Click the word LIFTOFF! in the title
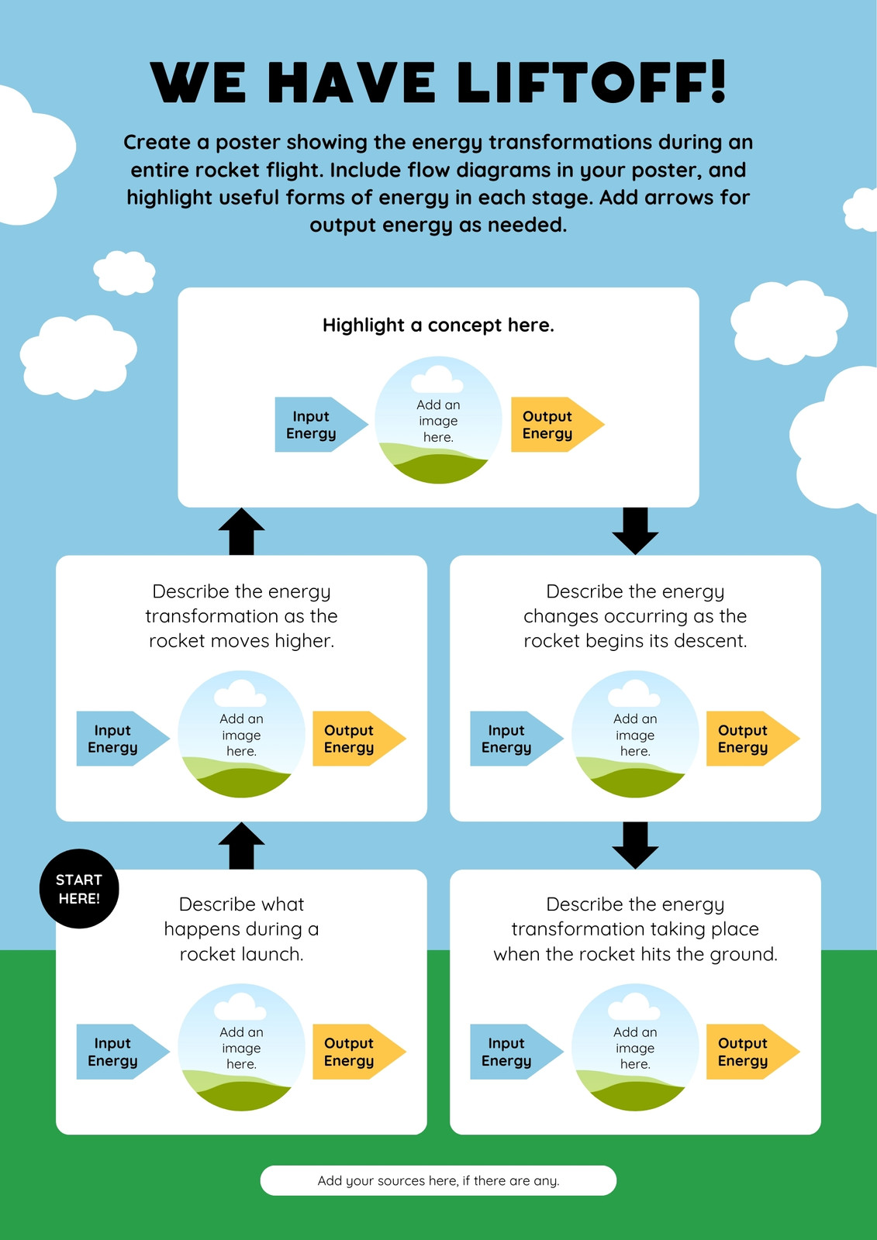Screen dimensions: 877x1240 [591, 82]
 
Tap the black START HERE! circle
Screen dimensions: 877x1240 [78, 888]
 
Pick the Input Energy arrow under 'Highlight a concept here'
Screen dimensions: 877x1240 [321, 425]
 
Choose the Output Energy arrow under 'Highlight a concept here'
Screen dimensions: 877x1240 [558, 425]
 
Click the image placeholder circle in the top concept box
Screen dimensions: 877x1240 [438, 419]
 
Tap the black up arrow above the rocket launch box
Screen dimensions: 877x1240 [242, 846]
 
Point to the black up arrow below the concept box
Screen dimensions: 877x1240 [242, 532]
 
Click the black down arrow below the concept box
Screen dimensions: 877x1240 [635, 532]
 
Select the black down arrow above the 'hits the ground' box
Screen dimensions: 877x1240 [635, 846]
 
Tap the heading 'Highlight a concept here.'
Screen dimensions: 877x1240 [438, 325]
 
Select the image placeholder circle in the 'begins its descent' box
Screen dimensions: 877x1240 [635, 734]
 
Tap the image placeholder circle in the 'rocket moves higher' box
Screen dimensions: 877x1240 [242, 734]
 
